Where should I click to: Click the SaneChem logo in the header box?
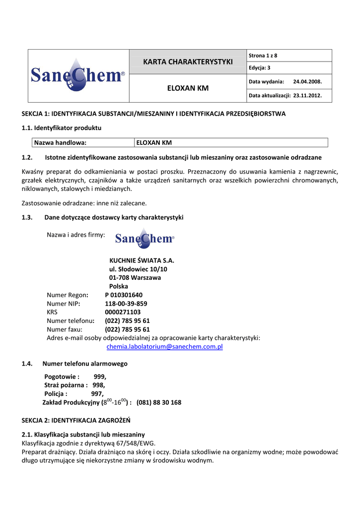point(78,75)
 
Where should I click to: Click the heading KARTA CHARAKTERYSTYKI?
point(188,62)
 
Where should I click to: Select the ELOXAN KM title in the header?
point(188,89)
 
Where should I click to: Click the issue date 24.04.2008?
point(307,81)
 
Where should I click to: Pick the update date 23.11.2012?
point(307,95)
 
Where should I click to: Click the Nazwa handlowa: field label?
point(60,143)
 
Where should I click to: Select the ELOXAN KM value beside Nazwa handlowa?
point(154,143)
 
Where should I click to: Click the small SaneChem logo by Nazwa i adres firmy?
point(144,239)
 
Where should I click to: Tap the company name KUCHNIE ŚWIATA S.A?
point(142,260)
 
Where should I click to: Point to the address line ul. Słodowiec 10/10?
point(138,269)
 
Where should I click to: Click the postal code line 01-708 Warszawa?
point(135,278)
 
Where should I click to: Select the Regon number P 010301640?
point(124,295)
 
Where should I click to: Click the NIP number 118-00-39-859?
point(126,304)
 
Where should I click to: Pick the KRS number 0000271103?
point(123,313)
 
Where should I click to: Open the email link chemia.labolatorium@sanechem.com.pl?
point(164,347)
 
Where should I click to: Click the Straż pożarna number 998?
point(98,385)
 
